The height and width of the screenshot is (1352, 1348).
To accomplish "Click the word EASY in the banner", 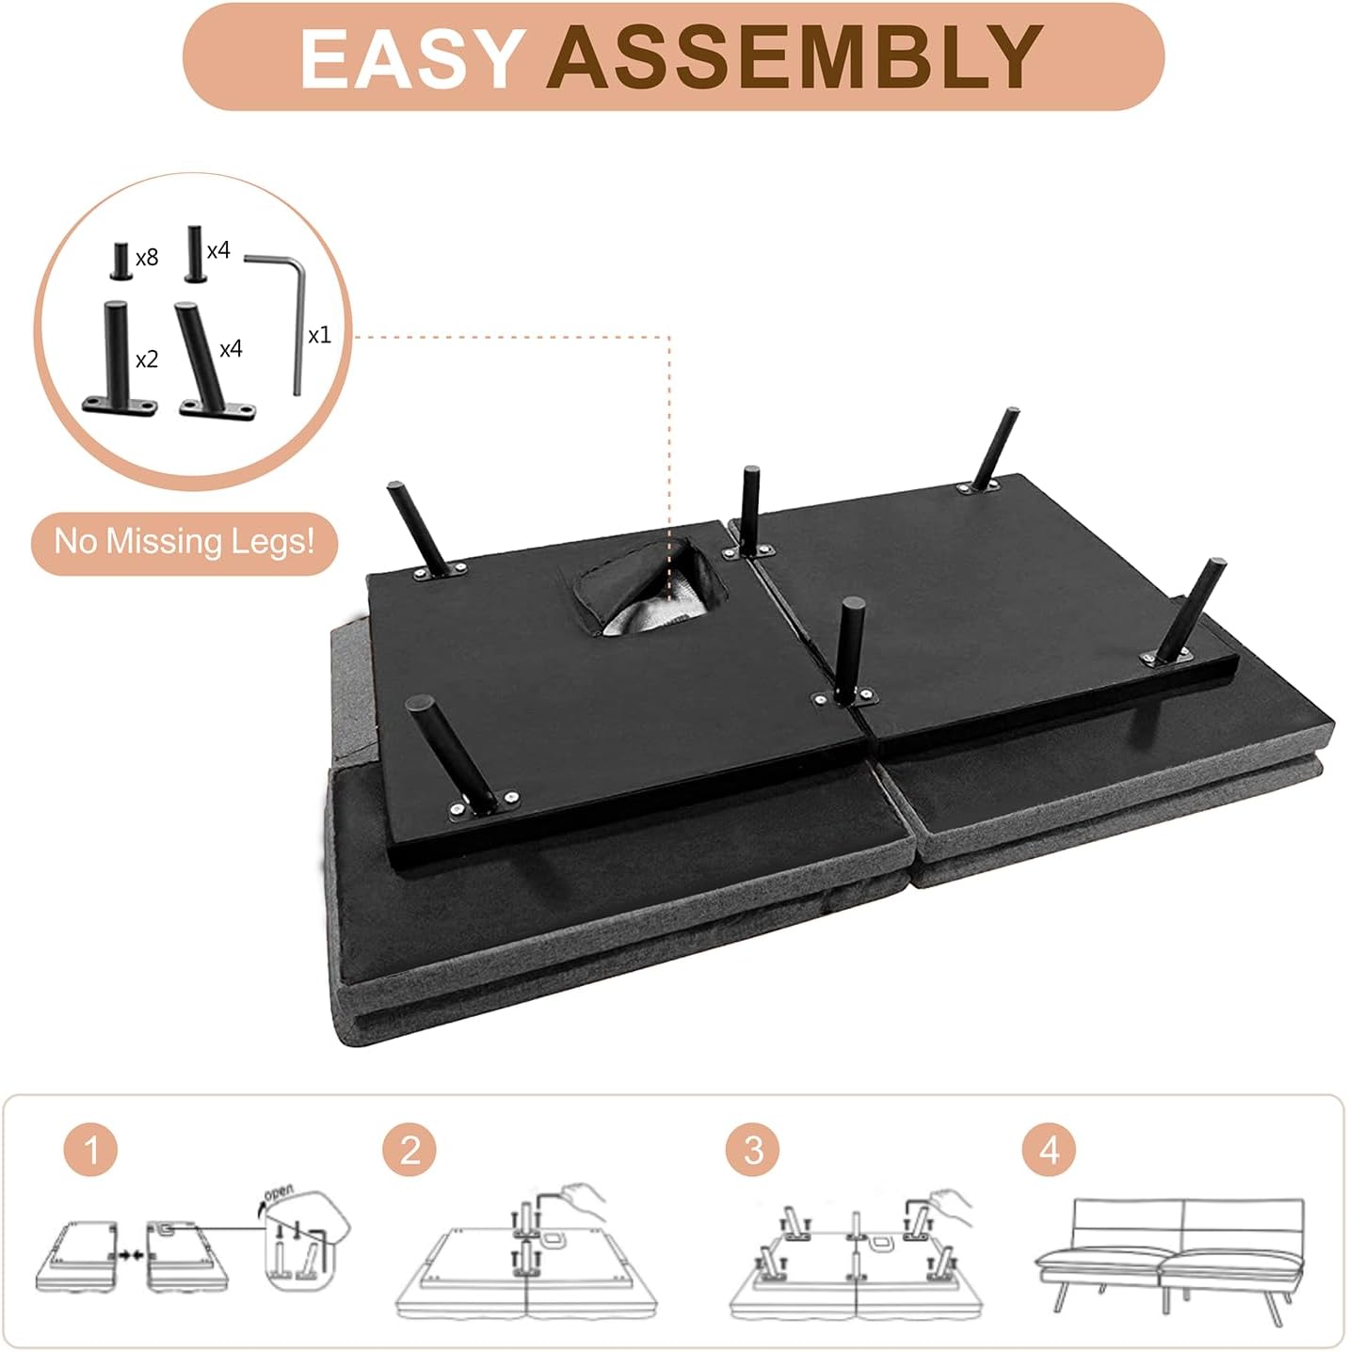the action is (409, 59).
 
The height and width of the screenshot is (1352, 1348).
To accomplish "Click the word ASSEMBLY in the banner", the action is (794, 58).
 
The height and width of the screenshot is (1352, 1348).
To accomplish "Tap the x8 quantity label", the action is (147, 258).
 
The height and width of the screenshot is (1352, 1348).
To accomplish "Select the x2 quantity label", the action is (147, 360).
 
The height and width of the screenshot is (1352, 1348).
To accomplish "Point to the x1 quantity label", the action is (319, 335).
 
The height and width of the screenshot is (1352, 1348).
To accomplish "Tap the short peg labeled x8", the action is (120, 261).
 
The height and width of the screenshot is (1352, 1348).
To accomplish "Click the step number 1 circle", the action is (91, 1151).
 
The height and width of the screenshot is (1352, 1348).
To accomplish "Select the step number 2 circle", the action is (409, 1151).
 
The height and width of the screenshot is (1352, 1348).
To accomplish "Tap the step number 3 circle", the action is (753, 1151).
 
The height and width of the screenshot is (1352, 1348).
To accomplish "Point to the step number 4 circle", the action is (1049, 1151).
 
